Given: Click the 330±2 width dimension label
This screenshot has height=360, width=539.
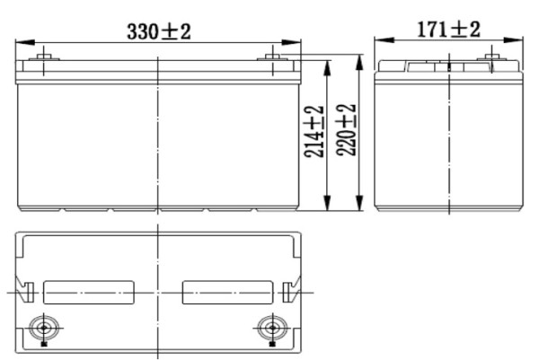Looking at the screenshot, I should pyautogui.click(x=157, y=31).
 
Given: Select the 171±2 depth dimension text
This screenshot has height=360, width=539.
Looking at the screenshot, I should pyautogui.click(x=448, y=29).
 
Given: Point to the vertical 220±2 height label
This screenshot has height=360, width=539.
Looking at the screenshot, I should pyautogui.click(x=347, y=131).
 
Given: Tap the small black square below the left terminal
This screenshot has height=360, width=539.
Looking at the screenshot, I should pyautogui.click(x=44, y=342).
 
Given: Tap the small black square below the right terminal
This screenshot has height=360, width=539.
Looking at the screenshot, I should pyautogui.click(x=270, y=342).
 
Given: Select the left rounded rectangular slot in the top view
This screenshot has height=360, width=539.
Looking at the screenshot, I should pyautogui.click(x=88, y=293).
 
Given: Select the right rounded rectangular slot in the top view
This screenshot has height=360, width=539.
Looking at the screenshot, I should pyautogui.click(x=227, y=293).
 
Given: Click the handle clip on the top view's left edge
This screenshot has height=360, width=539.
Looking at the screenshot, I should pyautogui.click(x=28, y=293).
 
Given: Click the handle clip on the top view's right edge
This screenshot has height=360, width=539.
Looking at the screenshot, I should pyautogui.click(x=287, y=293).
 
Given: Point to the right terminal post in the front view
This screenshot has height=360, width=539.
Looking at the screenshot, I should pyautogui.click(x=274, y=61).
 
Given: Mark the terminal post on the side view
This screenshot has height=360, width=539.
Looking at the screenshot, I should pyautogui.click(x=490, y=61).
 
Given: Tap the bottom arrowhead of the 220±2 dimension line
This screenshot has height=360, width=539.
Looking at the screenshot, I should pyautogui.click(x=359, y=207).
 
